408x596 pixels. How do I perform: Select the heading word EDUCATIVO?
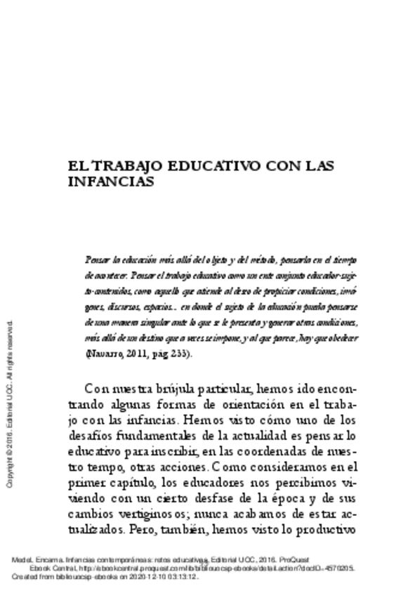pos(209,167)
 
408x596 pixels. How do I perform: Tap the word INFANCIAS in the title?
pos(111,181)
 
